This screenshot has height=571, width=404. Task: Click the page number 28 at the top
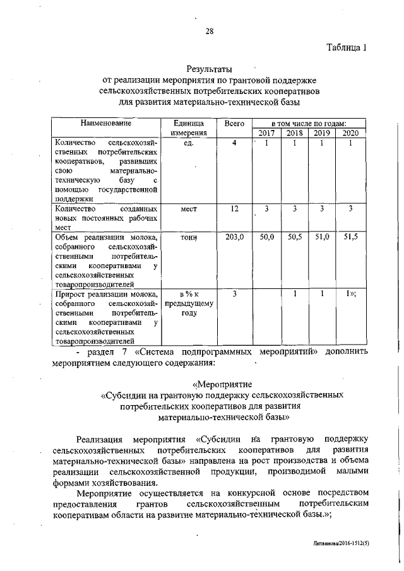point(209,32)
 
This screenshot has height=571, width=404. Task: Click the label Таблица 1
point(346,48)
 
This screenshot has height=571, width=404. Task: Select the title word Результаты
point(209,69)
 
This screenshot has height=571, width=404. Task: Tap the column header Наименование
point(105,123)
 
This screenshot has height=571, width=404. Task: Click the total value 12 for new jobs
point(234,208)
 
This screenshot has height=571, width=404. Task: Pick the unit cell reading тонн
point(189,237)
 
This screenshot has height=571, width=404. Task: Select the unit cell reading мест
point(189,208)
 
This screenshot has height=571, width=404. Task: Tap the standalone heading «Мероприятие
point(223,384)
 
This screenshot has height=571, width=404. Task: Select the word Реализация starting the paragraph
point(98,439)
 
